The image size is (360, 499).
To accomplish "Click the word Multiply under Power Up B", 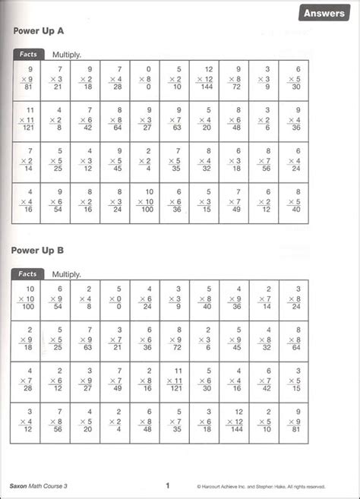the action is pyautogui.click(x=67, y=273).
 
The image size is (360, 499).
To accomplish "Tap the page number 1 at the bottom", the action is pyautogui.click(x=166, y=485).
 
